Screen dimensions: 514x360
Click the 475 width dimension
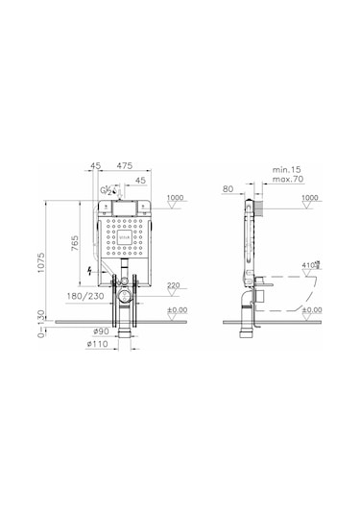(125, 167)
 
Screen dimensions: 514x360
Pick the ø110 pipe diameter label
(94, 344)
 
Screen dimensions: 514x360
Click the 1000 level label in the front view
(174, 198)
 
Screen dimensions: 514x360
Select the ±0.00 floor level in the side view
(312, 310)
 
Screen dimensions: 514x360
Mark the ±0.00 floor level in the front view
(177, 310)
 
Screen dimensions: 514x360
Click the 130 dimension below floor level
(39, 318)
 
